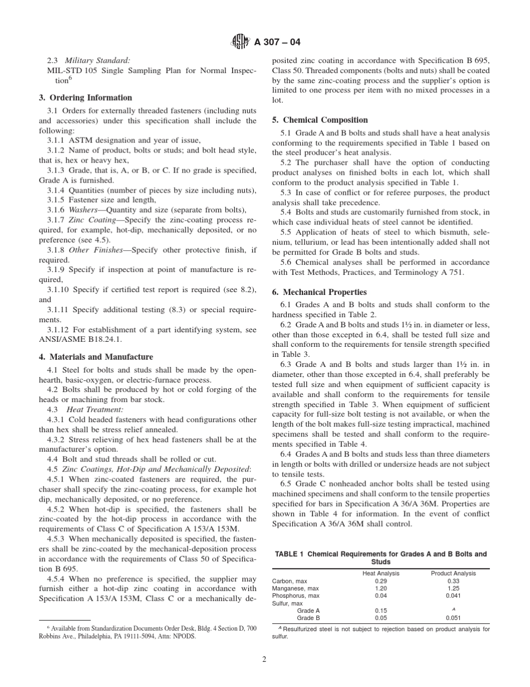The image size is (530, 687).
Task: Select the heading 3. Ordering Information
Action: [x=85, y=97]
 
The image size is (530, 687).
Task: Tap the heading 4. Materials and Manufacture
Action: [x=95, y=357]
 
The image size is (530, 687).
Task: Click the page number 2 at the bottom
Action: [x=264, y=659]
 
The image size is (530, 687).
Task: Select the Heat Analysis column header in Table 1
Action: [x=381, y=573]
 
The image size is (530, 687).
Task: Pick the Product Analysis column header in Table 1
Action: [x=453, y=573]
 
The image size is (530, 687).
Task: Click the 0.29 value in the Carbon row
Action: [x=381, y=581]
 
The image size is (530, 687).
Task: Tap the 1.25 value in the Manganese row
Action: [x=453, y=588]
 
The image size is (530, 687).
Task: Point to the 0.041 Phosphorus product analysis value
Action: [x=453, y=596]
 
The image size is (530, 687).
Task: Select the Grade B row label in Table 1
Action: [x=308, y=618]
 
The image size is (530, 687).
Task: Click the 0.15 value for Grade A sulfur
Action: [x=381, y=611]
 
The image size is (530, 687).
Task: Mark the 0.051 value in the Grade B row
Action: [x=453, y=618]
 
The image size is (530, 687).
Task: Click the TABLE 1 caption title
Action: [x=380, y=557]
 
